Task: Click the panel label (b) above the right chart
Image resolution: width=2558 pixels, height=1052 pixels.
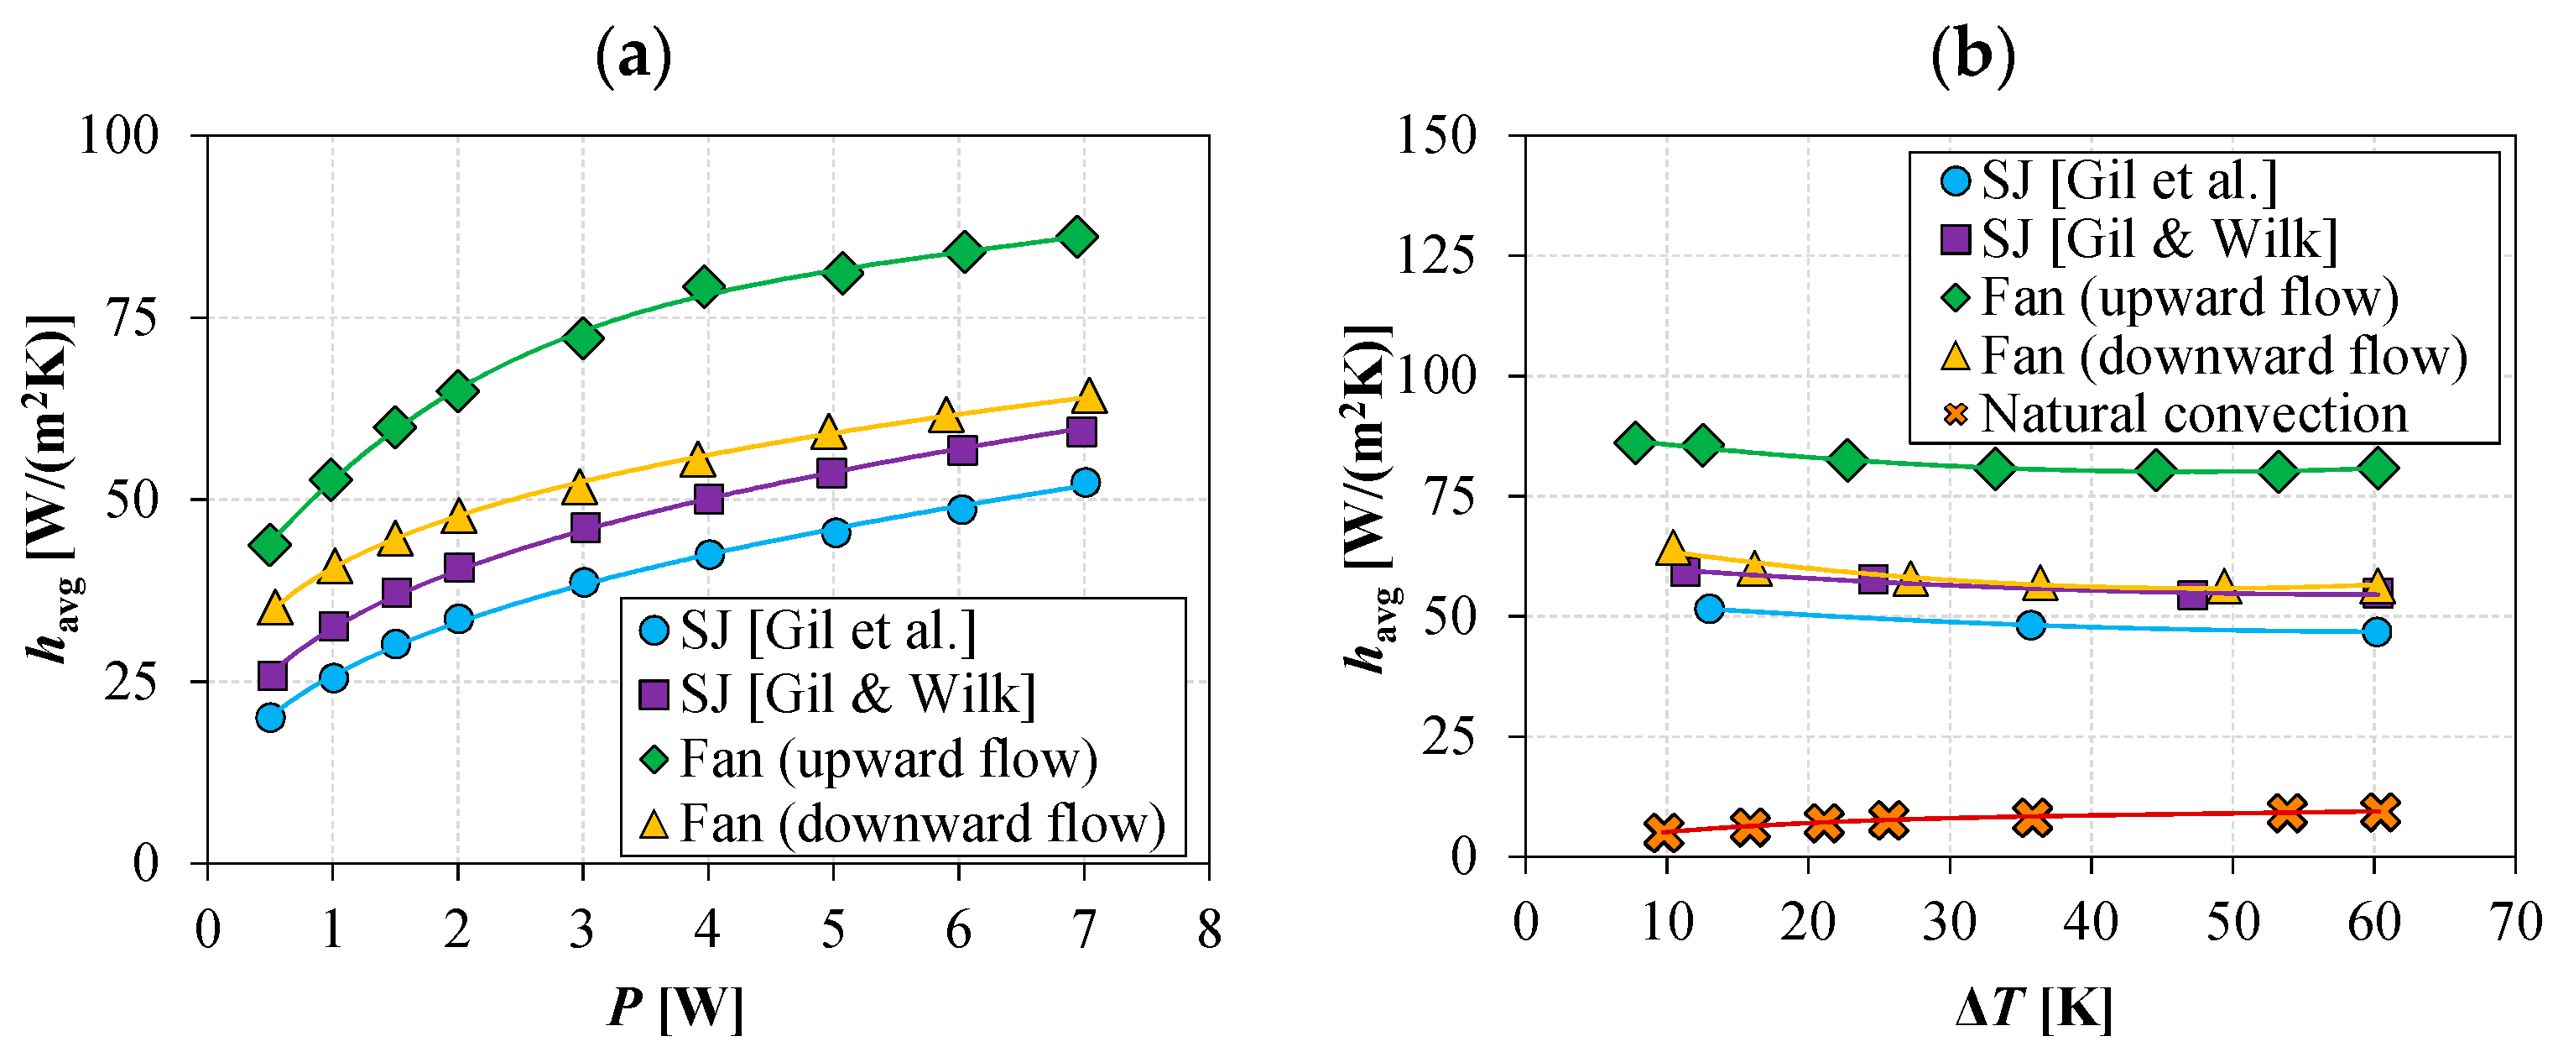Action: coord(1972,55)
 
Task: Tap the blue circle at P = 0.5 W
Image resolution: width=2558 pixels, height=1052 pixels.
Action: coord(270,717)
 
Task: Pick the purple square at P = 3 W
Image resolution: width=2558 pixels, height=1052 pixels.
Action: coord(585,527)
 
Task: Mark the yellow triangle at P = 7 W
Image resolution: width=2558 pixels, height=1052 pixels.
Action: coord(1088,396)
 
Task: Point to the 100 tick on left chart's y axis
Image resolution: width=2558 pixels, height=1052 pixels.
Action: coord(119,135)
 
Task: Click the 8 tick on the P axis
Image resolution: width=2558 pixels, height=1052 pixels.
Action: coord(1208,929)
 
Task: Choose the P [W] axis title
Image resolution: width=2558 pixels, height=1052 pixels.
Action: coord(675,1008)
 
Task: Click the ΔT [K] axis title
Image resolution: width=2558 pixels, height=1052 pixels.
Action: coord(2033,1008)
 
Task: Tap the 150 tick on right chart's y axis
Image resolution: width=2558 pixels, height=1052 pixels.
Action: coord(1436,135)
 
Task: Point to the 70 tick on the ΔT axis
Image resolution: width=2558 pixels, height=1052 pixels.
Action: coord(2515,922)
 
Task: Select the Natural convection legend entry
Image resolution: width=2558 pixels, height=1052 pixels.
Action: coord(2175,413)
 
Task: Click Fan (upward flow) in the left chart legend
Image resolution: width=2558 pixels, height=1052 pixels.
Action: coord(869,760)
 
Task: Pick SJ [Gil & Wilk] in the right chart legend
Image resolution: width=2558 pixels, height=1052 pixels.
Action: coord(2140,239)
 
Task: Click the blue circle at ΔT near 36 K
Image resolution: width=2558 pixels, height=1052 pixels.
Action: coord(2030,625)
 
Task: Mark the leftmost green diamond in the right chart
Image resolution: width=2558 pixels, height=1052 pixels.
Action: coord(1634,443)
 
